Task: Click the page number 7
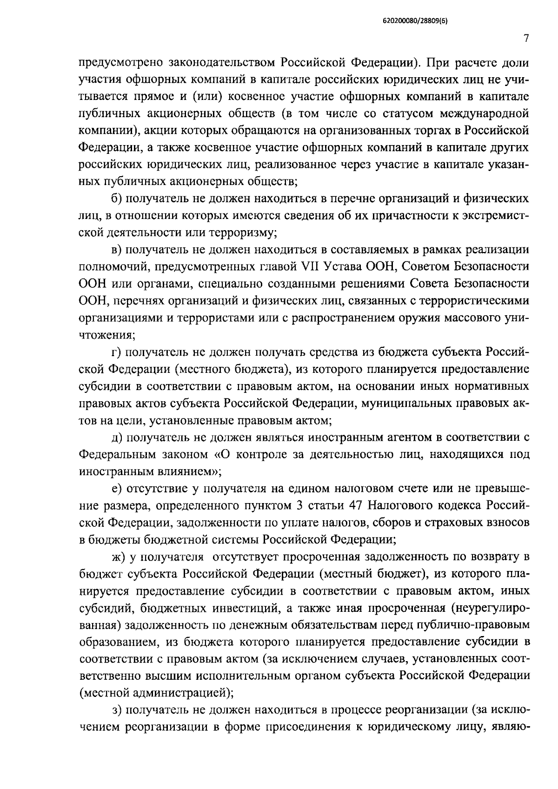click(x=525, y=39)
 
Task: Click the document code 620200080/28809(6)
click(x=415, y=21)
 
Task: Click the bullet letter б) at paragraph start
click(x=116, y=199)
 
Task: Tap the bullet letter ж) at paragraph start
click(x=118, y=557)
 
